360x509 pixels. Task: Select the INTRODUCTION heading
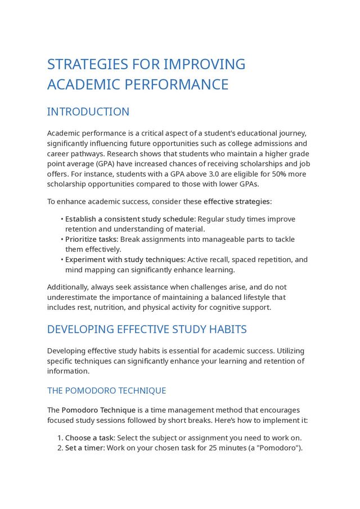click(x=88, y=112)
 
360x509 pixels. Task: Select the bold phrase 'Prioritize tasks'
click(x=91, y=239)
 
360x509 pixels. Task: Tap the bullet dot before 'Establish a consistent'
click(x=61, y=219)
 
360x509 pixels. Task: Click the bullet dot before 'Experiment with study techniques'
click(x=61, y=260)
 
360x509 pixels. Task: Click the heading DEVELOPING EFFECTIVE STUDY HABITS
click(x=147, y=330)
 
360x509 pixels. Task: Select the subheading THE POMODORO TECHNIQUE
click(x=106, y=391)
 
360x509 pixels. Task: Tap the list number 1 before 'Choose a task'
click(x=60, y=438)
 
